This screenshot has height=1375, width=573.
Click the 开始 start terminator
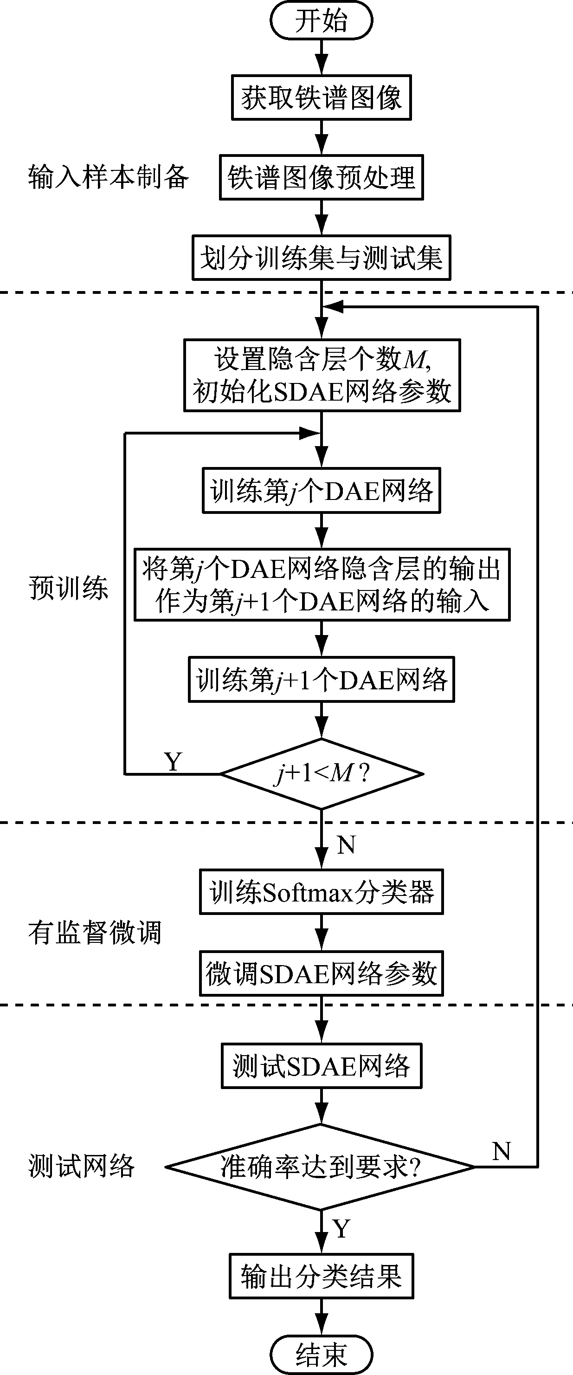[x=321, y=21]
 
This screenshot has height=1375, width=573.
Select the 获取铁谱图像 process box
[x=321, y=97]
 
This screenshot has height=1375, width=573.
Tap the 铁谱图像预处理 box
[x=321, y=178]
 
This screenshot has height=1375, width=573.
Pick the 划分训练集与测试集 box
[x=321, y=258]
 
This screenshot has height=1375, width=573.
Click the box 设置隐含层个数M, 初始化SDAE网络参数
[x=322, y=375]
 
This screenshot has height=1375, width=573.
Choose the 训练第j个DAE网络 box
[x=321, y=491]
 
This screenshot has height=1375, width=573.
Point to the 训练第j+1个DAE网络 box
[x=321, y=680]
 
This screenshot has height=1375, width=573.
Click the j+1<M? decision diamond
[x=322, y=773]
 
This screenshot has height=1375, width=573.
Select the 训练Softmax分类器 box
[x=321, y=892]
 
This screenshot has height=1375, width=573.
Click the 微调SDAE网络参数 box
[x=321, y=973]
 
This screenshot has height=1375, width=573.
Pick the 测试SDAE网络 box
[x=321, y=1066]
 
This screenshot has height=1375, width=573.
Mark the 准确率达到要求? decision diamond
[x=321, y=1167]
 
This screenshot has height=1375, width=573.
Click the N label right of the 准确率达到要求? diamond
[x=501, y=1151]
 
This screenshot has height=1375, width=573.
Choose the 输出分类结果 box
[x=321, y=1276]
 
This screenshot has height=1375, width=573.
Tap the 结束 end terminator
[x=321, y=1354]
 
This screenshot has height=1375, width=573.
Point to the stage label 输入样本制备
[x=108, y=177]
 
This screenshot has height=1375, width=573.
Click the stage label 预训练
[x=68, y=588]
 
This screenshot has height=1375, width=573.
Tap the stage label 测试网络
[x=81, y=1166]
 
